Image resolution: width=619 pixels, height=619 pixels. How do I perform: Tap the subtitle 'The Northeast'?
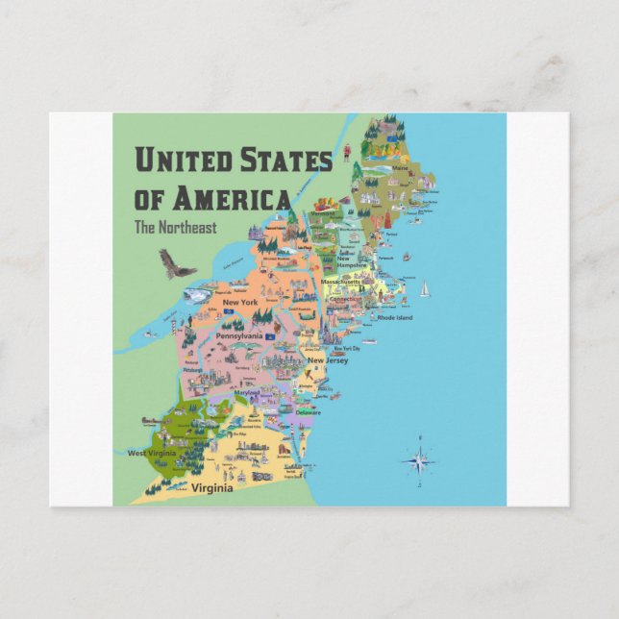coord(175,228)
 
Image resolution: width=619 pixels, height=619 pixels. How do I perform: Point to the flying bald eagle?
coord(176,263)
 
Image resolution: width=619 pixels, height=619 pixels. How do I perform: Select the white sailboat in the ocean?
coord(424,288)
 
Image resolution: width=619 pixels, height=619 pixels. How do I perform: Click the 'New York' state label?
coord(240,303)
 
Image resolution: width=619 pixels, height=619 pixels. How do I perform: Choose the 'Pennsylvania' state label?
coord(241,337)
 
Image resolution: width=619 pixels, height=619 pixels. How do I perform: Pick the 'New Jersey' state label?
coord(328,360)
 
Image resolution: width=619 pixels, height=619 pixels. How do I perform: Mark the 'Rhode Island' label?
coord(394,317)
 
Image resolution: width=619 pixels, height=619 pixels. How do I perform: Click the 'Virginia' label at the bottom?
coord(211,488)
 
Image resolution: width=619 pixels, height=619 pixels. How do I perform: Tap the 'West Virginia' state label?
coord(151,452)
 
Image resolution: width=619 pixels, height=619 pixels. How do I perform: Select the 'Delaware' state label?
coord(309,412)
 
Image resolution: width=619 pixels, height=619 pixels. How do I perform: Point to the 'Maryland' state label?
coord(247,394)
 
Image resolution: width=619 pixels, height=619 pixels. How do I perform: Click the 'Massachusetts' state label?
coord(341,283)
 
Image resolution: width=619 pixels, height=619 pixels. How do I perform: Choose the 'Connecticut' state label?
coord(344,299)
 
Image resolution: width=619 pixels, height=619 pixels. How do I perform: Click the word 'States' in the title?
coord(285,160)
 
